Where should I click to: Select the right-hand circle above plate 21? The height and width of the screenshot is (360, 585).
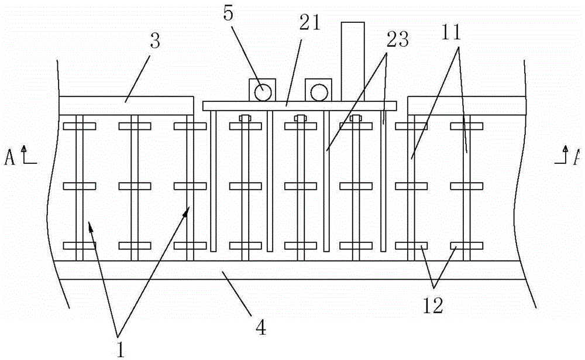tap(319, 91)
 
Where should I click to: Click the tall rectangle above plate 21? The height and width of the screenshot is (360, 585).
tap(353, 61)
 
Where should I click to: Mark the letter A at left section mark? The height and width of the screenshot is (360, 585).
tap(10, 157)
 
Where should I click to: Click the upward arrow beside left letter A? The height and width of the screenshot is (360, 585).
tap(24, 153)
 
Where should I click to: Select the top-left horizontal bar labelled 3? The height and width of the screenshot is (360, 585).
tap(126, 105)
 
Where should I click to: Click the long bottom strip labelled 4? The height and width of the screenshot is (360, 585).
tap(292, 270)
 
